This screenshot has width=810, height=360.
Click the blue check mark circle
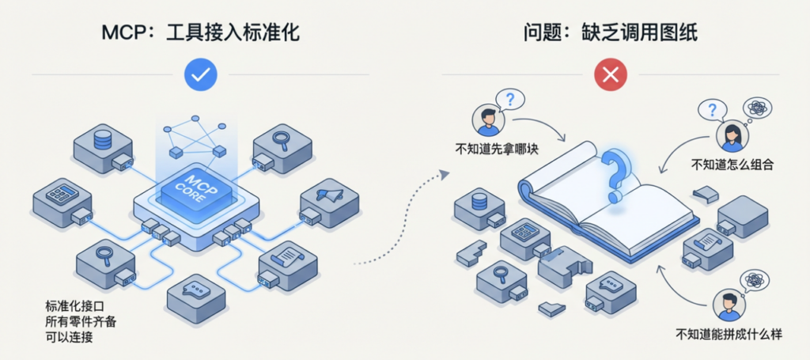(201, 74)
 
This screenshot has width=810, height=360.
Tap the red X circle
(610, 74)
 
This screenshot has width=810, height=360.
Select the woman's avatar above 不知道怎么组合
(729, 138)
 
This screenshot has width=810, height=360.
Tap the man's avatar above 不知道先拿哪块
(486, 121)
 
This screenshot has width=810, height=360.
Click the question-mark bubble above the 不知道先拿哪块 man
(510, 100)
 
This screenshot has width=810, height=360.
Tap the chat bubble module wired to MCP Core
(192, 295)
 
